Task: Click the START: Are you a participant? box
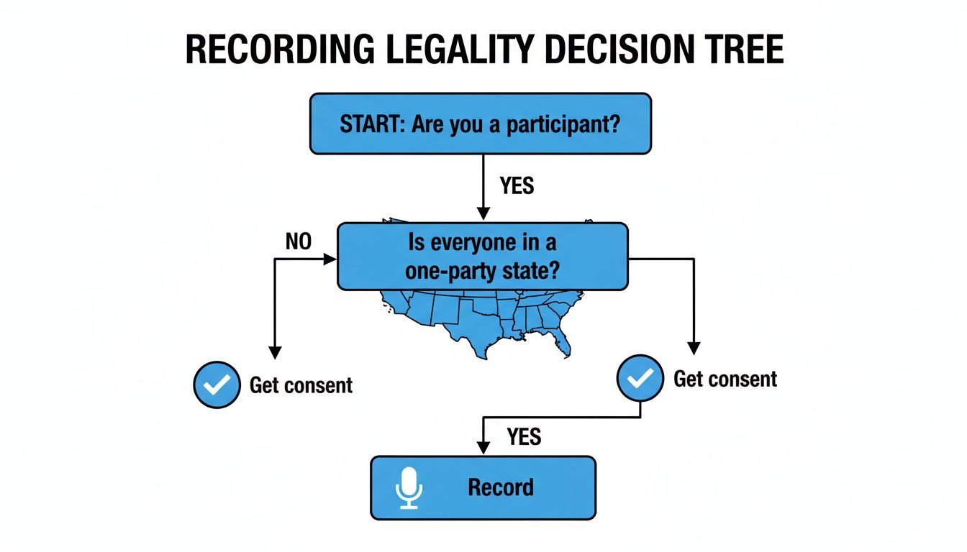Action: (481, 124)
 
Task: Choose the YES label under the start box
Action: (517, 186)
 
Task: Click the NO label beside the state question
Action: (299, 242)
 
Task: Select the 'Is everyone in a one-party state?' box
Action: (482, 257)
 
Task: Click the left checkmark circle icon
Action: (217, 385)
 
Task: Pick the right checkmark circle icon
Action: (640, 377)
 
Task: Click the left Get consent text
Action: (301, 385)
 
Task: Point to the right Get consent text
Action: (725, 379)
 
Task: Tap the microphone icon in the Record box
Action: (409, 488)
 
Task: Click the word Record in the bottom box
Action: (501, 488)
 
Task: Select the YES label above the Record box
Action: (524, 436)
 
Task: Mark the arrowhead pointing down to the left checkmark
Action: (274, 352)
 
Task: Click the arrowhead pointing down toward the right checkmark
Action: (694, 347)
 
